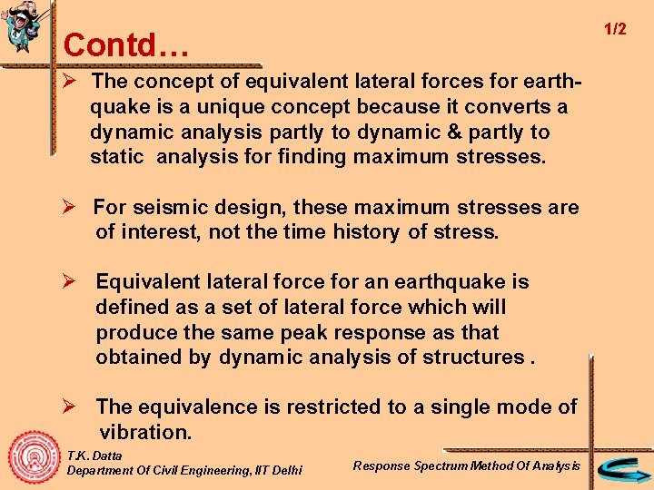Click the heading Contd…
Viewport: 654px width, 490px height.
pyautogui.click(x=126, y=44)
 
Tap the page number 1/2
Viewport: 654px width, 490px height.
pyautogui.click(x=615, y=29)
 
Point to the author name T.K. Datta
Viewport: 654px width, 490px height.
pyautogui.click(x=94, y=455)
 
